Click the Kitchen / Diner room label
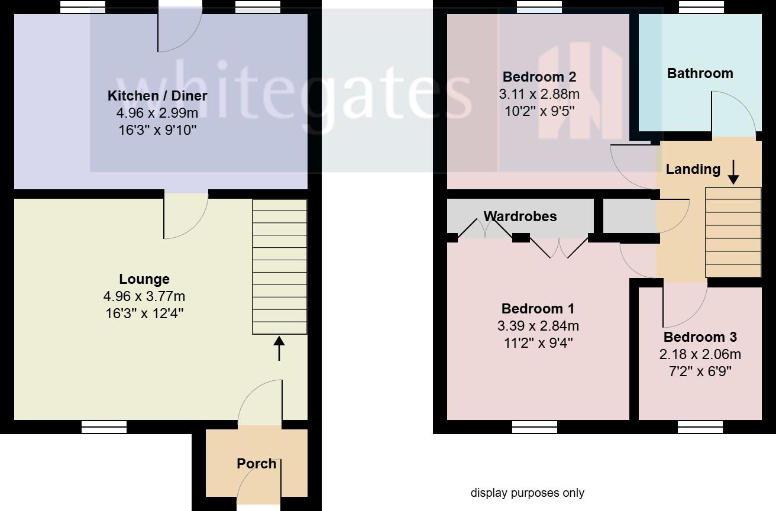pyautogui.click(x=157, y=96)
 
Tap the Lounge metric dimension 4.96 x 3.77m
pyautogui.click(x=144, y=296)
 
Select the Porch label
pyautogui.click(x=257, y=464)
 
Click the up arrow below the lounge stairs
pyautogui.click(x=279, y=348)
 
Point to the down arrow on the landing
pyautogui.click(x=733, y=172)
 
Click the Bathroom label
pyautogui.click(x=700, y=73)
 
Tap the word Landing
pyautogui.click(x=693, y=169)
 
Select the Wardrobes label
pyautogui.click(x=520, y=216)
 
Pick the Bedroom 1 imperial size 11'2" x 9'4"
pyautogui.click(x=538, y=342)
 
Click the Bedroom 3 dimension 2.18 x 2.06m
pyautogui.click(x=700, y=355)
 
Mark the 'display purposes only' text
pyautogui.click(x=527, y=493)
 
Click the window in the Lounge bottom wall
pyautogui.click(x=104, y=426)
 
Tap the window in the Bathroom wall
pyautogui.click(x=701, y=7)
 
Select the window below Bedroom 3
pyautogui.click(x=700, y=426)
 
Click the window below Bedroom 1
pyautogui.click(x=535, y=426)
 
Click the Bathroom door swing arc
pyautogui.click(x=733, y=112)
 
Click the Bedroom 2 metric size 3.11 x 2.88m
pyautogui.click(x=539, y=94)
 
